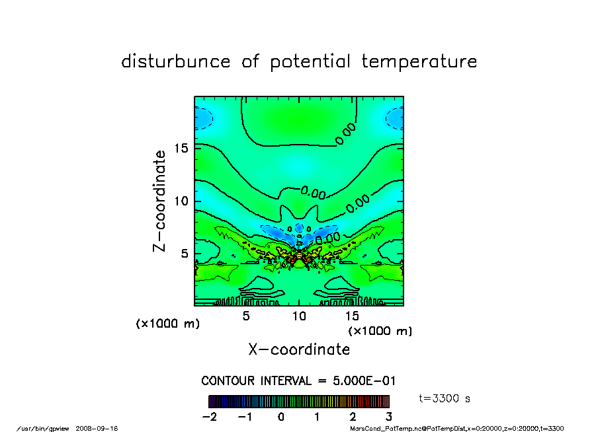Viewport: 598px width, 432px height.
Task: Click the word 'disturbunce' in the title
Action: (x=177, y=62)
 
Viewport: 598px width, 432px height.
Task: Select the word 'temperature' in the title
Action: (x=419, y=62)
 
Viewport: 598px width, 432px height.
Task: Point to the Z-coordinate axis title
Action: (x=159, y=201)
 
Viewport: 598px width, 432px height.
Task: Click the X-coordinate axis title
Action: (x=299, y=349)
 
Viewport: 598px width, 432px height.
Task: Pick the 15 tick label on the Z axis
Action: (x=182, y=148)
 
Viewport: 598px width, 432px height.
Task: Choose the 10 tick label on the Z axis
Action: (x=182, y=201)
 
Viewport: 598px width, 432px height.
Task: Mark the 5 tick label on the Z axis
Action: (x=186, y=254)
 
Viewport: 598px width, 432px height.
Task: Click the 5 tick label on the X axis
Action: (x=246, y=316)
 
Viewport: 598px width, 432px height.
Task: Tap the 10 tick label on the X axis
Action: (x=299, y=316)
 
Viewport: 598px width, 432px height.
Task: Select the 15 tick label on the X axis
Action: (x=352, y=316)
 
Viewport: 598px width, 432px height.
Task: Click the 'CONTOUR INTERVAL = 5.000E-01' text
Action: (x=298, y=381)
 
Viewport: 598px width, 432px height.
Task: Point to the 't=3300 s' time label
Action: (x=445, y=398)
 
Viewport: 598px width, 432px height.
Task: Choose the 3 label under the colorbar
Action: (x=388, y=417)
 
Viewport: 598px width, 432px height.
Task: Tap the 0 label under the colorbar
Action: (x=281, y=417)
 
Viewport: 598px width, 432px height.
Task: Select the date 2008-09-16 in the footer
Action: (x=101, y=428)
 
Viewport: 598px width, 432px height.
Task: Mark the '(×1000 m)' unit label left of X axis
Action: (x=167, y=324)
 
